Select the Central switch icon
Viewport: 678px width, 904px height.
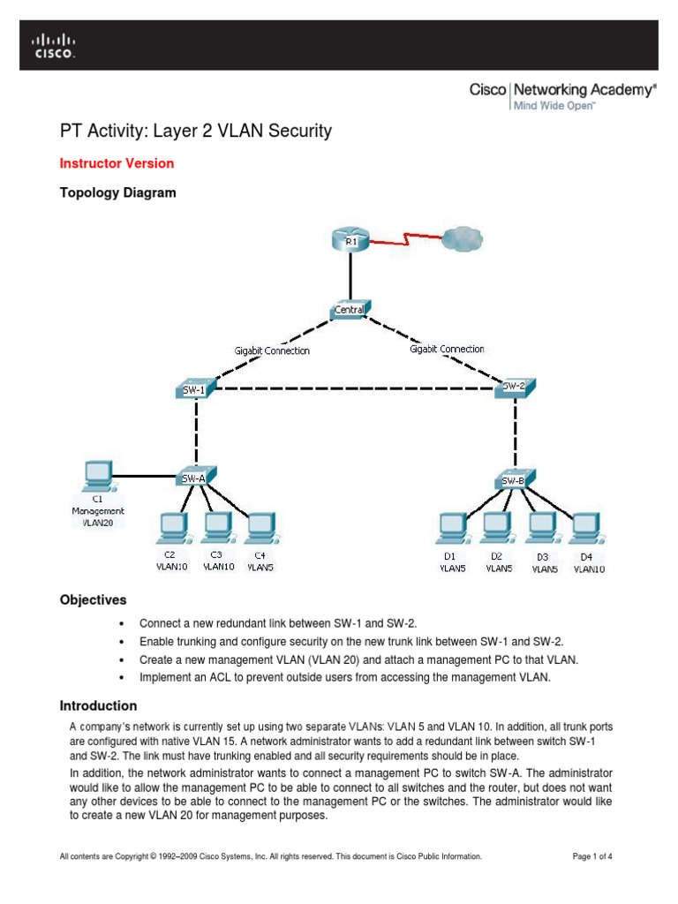[x=350, y=309]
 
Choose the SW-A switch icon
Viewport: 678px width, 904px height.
[x=195, y=478]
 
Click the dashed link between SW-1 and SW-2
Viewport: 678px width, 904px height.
[x=353, y=389]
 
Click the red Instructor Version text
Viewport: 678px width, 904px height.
[x=117, y=163]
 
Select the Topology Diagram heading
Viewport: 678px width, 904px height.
[x=117, y=192]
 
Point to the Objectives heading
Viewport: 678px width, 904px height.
[x=93, y=599]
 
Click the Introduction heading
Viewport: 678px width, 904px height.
[x=98, y=705]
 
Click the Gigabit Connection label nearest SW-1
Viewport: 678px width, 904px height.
[x=272, y=350]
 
